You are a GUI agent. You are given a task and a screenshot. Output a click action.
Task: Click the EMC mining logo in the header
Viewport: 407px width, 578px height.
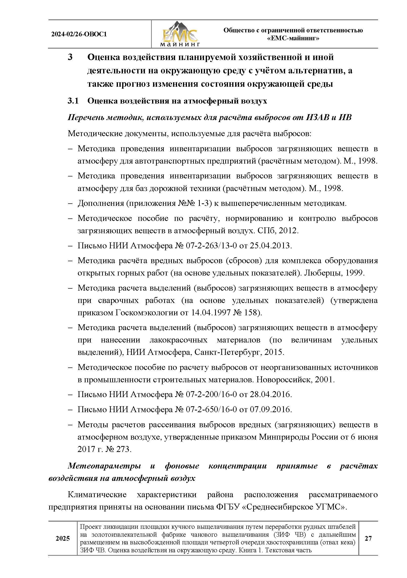[180, 34]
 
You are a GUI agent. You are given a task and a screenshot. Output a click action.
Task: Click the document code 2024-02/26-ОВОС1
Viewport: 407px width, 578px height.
[79, 34]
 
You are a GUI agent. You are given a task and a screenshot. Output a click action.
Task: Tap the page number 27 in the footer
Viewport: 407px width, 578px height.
[368, 538]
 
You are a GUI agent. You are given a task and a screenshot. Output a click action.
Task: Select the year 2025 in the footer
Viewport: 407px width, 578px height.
[63, 538]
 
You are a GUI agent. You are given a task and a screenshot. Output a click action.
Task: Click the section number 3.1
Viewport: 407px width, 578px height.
[73, 101]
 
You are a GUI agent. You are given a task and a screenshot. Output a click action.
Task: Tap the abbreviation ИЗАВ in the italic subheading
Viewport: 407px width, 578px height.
[317, 117]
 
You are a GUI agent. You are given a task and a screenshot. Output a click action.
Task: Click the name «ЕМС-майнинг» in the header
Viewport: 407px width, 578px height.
[293, 39]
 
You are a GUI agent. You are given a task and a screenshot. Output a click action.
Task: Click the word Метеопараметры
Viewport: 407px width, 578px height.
[104, 466]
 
